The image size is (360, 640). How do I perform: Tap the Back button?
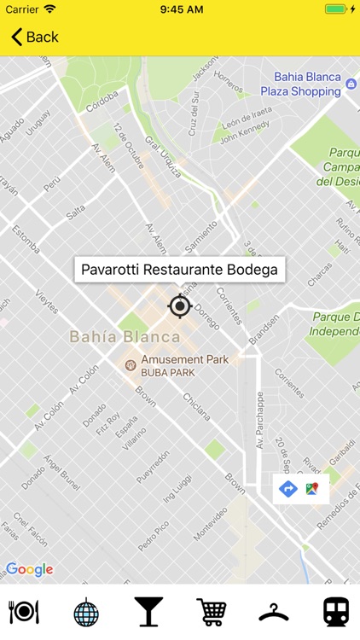(x=34, y=37)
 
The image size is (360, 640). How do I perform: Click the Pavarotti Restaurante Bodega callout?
(x=179, y=270)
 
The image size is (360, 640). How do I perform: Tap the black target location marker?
(x=179, y=305)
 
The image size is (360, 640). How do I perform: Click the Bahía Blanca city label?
(x=118, y=336)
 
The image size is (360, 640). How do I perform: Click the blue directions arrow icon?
(x=288, y=489)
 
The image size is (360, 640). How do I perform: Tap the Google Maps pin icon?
(x=313, y=489)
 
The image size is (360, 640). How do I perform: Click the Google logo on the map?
(x=29, y=569)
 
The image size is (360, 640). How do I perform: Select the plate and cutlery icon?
(x=23, y=611)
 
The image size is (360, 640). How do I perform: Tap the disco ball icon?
(x=85, y=612)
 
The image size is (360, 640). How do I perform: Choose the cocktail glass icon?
(x=148, y=611)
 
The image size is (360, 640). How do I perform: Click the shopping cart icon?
(x=211, y=611)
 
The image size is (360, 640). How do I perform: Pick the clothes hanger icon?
(x=273, y=611)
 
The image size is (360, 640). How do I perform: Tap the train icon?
(x=335, y=611)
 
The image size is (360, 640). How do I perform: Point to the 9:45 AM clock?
(x=180, y=9)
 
